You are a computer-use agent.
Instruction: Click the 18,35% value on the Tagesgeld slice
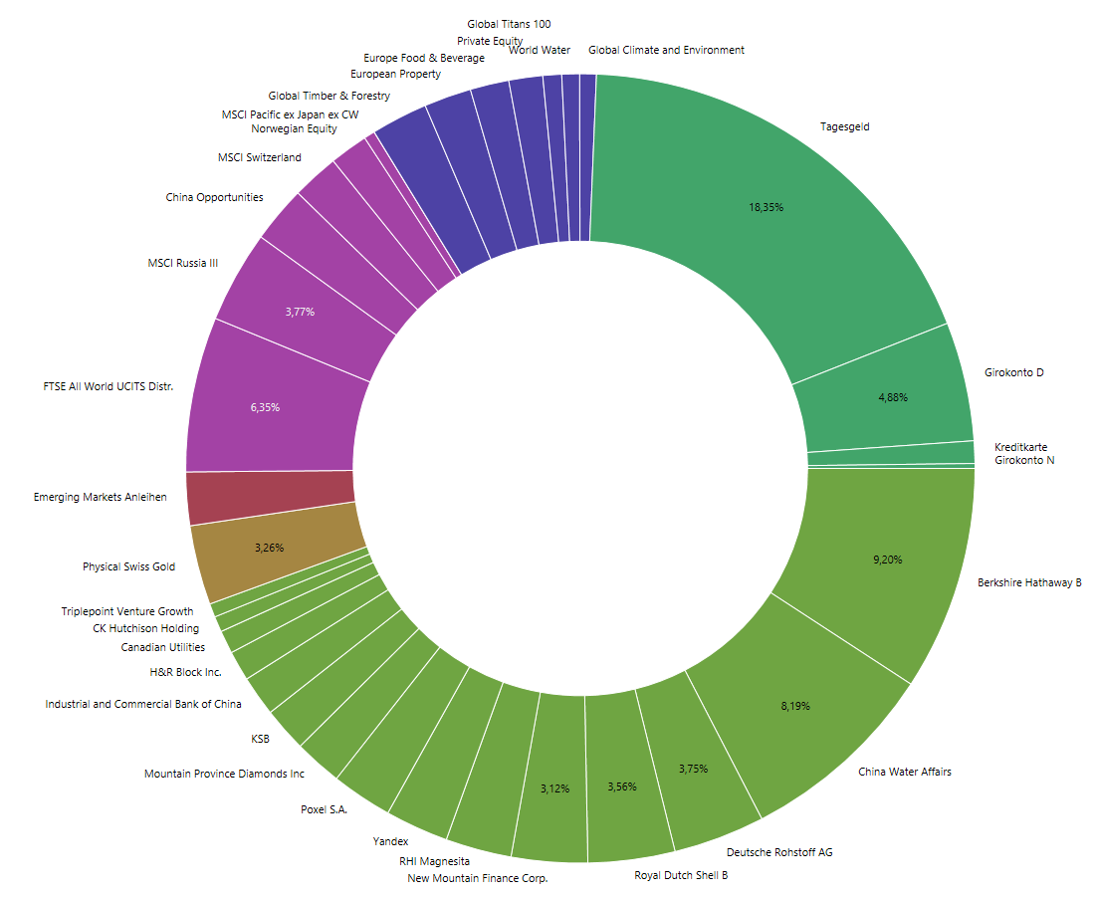[767, 208]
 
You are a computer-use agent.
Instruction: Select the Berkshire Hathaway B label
[1029, 582]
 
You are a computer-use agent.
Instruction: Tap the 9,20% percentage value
[887, 560]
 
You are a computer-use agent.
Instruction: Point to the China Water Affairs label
[905, 772]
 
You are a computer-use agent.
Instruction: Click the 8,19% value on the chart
[795, 706]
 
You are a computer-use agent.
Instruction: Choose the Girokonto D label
[1013, 372]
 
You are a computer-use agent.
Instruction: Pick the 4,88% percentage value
[893, 397]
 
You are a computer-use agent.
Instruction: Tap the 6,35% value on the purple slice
[265, 407]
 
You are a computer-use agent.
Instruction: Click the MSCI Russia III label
[182, 263]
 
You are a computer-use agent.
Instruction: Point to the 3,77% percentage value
[300, 312]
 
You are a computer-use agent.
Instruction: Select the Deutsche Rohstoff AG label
[779, 852]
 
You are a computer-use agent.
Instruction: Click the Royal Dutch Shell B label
[682, 875]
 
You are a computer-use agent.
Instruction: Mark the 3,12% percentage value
[555, 788]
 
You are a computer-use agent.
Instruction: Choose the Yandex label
[390, 842]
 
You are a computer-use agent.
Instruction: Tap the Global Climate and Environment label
[666, 50]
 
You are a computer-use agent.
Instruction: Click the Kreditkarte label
[1021, 447]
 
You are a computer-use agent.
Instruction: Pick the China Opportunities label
[214, 197]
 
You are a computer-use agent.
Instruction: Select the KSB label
[261, 739]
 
